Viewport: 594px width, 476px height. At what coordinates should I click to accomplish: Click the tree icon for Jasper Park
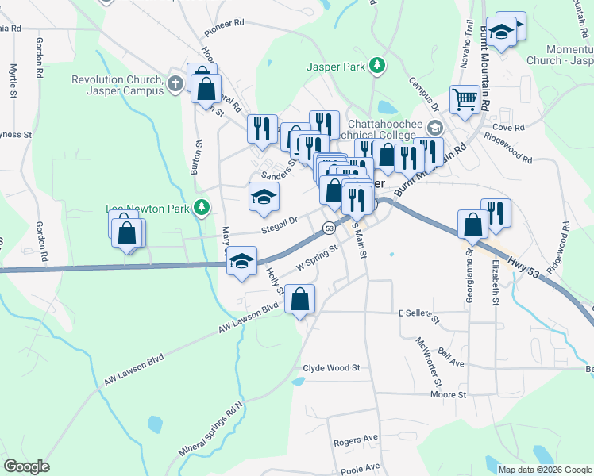(380, 65)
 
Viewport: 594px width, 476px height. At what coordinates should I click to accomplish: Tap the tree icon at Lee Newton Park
(202, 208)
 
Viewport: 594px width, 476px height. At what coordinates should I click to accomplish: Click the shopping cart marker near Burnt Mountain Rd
(465, 101)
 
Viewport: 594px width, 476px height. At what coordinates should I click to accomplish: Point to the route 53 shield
(328, 228)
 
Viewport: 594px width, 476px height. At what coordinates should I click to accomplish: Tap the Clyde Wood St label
(331, 368)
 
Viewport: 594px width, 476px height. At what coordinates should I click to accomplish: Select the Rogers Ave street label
(355, 440)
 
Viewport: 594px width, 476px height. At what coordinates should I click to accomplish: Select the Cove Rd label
(508, 127)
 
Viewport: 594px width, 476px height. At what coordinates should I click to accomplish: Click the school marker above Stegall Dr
(264, 197)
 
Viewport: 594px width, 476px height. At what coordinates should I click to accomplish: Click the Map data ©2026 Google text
(545, 470)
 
